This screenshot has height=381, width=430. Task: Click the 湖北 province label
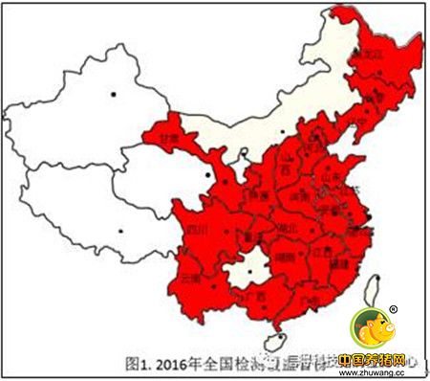pyautogui.click(x=287, y=228)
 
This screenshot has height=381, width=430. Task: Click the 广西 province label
pyautogui.click(x=255, y=297)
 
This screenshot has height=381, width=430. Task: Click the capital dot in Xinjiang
pyautogui.click(x=114, y=93)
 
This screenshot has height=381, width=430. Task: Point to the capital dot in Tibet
pyautogui.click(x=120, y=230)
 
